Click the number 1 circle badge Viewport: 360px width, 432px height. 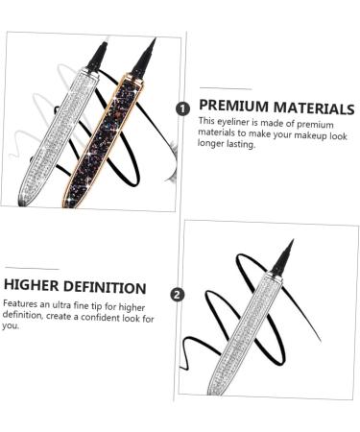[182, 108]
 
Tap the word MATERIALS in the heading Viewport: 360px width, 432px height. [313, 108]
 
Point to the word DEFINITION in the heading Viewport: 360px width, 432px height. [108, 287]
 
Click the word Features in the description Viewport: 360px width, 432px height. [22, 303]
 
